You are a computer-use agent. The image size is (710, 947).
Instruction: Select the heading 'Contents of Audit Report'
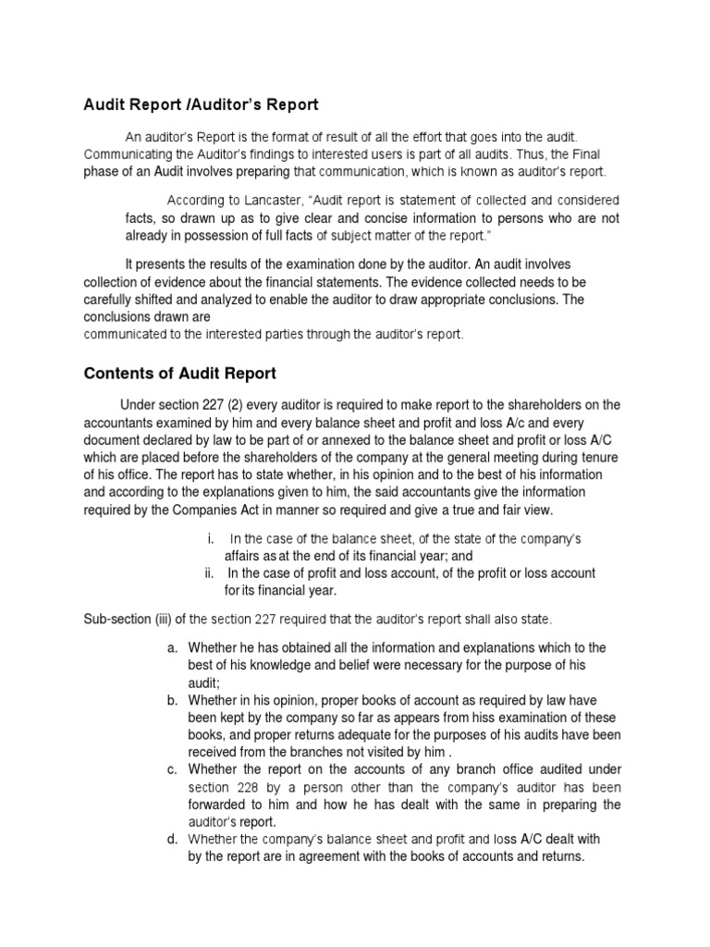point(180,374)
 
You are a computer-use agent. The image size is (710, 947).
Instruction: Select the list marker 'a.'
point(173,647)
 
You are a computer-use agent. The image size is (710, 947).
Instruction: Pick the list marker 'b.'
point(173,700)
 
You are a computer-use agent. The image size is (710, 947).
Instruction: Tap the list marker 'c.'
point(173,769)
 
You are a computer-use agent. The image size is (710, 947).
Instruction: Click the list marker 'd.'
point(173,839)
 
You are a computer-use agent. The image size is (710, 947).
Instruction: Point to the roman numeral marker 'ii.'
point(211,573)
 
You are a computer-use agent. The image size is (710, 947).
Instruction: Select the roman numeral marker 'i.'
point(212,539)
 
